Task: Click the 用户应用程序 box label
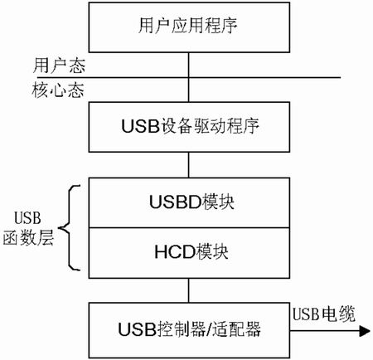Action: (187, 26)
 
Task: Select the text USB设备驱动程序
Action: (190, 126)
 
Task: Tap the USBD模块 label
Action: (191, 202)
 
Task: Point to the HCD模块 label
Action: (191, 252)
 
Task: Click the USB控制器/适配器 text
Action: (190, 329)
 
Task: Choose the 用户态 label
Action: (59, 66)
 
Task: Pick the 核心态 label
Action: (58, 90)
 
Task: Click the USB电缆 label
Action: (324, 314)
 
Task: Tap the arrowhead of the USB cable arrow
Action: (365, 331)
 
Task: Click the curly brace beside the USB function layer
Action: (69, 228)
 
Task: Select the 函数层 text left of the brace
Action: (28, 237)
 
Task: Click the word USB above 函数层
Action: (27, 218)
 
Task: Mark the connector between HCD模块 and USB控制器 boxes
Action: (189, 290)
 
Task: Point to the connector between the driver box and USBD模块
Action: (189, 165)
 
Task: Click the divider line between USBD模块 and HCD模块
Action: (189, 228)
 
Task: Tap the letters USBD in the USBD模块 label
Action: (175, 202)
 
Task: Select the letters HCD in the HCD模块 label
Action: (175, 252)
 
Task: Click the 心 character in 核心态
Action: (58, 90)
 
